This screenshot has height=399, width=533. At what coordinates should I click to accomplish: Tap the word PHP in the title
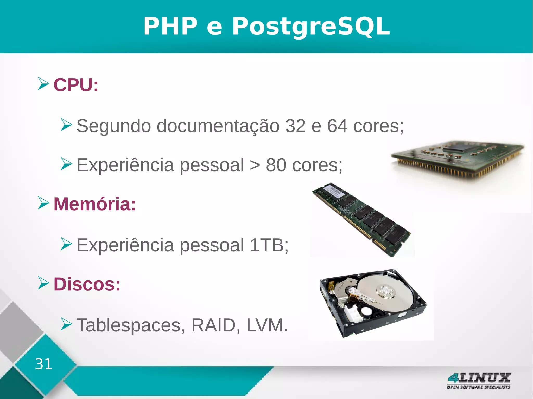[170, 26]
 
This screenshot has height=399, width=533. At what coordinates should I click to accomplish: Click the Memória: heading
[95, 204]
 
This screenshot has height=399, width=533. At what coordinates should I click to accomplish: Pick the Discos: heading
[87, 284]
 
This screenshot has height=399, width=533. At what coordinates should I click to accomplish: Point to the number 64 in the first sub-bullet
[337, 126]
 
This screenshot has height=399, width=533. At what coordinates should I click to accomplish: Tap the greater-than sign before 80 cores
[255, 165]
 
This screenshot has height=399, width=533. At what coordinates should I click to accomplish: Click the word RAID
[213, 325]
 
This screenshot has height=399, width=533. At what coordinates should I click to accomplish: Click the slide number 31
[43, 364]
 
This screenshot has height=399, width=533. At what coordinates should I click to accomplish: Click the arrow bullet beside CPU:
[43, 84]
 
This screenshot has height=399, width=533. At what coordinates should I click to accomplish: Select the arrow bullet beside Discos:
[43, 283]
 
